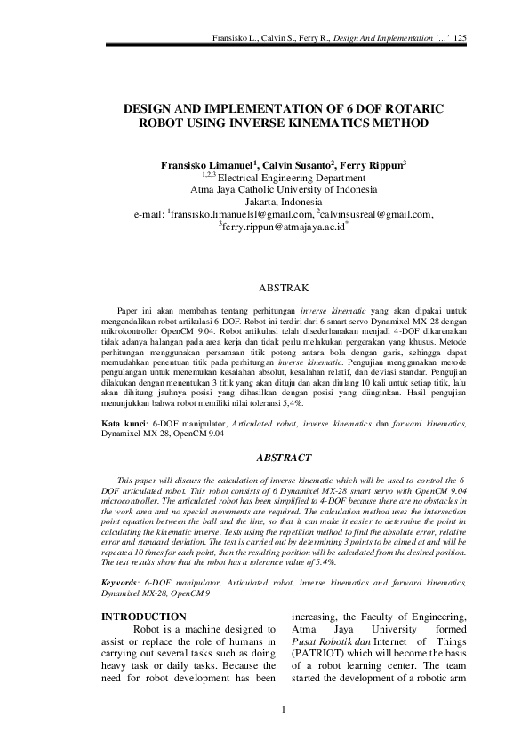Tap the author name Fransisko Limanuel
click(207, 165)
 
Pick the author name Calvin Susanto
click(298, 165)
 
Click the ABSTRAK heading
click(282, 289)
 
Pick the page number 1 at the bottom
click(282, 734)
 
